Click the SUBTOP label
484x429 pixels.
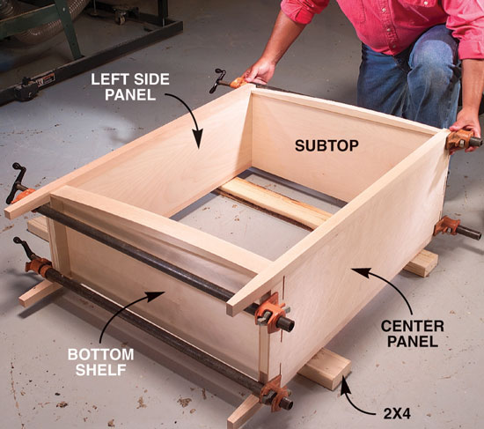pyautogui.click(x=326, y=145)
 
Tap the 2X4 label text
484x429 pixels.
pyautogui.click(x=397, y=414)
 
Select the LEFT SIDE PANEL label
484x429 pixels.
pyautogui.click(x=130, y=87)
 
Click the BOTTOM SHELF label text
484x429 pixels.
pyautogui.click(x=101, y=362)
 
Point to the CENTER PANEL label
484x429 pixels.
pyautogui.click(x=413, y=334)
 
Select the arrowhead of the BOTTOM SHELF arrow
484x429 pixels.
pyautogui.click(x=157, y=295)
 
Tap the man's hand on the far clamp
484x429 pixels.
pyautogui.click(x=260, y=71)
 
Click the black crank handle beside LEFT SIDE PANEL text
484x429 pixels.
pyautogui.click(x=217, y=80)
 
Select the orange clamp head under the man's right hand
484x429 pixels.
pyautogui.click(x=459, y=140)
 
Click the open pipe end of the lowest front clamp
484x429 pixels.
pyautogui.click(x=287, y=403)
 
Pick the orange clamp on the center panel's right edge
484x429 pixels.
pyautogui.click(x=446, y=226)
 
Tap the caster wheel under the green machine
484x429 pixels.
pyautogui.click(x=121, y=18)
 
